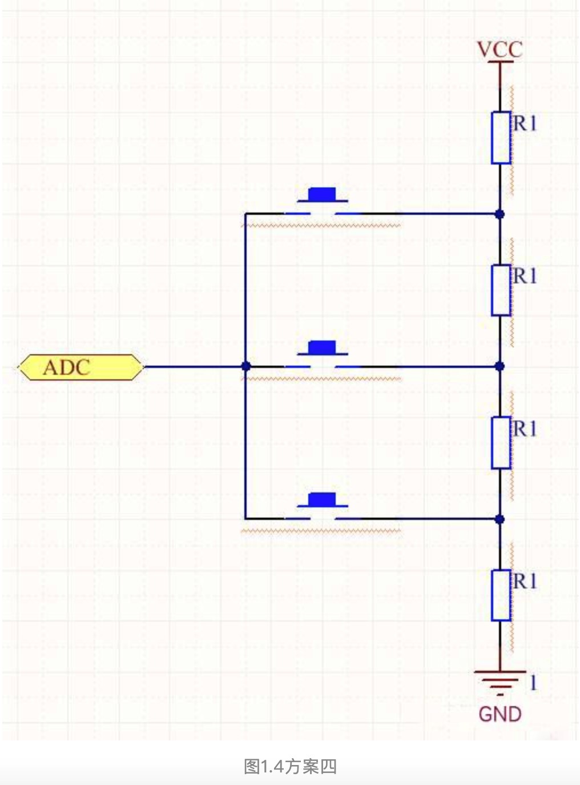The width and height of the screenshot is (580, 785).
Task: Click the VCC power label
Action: tap(500, 50)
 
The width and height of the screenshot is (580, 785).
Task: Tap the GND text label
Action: tap(500, 714)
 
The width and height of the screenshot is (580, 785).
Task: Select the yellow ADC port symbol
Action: tap(80, 367)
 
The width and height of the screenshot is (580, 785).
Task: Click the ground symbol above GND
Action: tap(500, 680)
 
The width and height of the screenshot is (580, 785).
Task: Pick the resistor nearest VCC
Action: tap(501, 138)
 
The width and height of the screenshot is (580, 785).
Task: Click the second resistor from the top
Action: tap(501, 290)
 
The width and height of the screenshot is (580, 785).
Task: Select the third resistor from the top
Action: tap(501, 443)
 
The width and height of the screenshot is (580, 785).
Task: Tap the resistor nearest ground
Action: tap(501, 595)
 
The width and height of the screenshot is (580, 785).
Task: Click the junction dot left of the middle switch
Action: tap(245, 366)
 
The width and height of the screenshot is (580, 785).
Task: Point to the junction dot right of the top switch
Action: tap(500, 214)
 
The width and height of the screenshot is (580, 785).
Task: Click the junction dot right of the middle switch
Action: tap(500, 366)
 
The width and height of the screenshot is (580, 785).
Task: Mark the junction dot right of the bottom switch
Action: tap(500, 519)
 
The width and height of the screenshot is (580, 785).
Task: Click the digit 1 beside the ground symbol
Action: tap(533, 683)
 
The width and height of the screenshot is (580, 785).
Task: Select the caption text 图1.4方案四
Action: tap(290, 766)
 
